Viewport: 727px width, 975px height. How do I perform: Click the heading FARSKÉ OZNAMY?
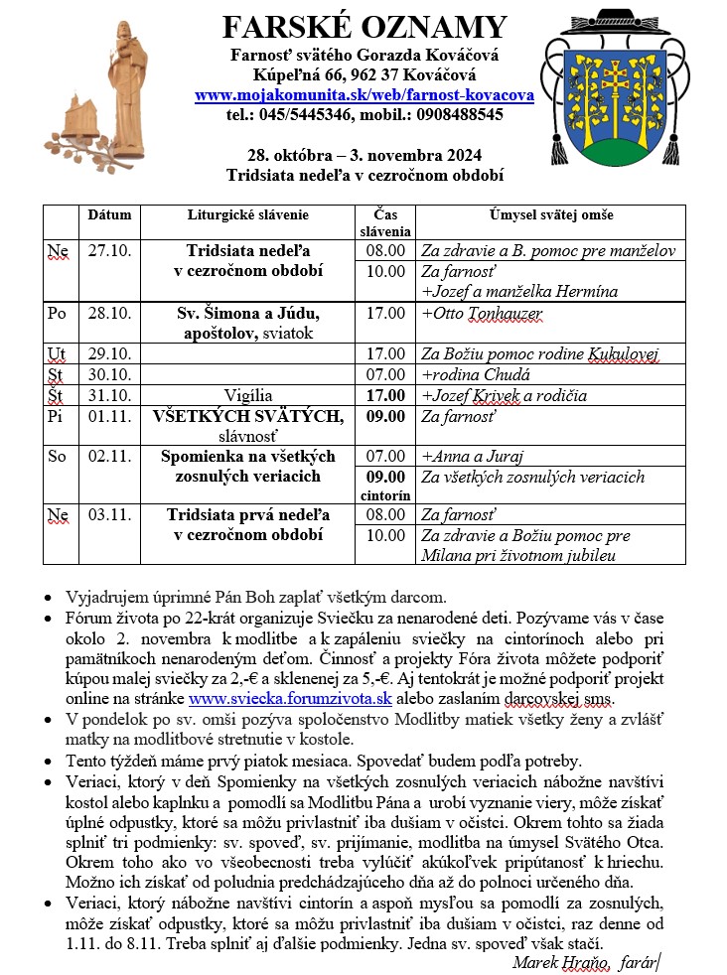pos(363,27)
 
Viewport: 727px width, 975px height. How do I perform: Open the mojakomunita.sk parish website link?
pos(364,95)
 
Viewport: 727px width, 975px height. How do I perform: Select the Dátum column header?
pos(109,214)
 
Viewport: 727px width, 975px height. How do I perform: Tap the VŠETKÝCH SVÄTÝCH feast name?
pos(248,415)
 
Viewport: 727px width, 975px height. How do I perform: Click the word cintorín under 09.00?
pos(385,493)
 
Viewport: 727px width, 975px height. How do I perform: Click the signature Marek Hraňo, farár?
pos(586,961)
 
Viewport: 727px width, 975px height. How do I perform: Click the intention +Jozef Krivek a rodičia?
pos(504,395)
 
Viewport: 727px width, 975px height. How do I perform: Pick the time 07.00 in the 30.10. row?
pos(385,374)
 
